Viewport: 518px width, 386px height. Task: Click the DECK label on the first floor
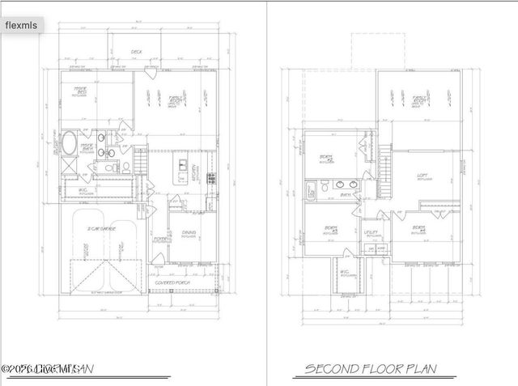(x=138, y=53)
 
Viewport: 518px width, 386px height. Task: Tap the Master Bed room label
(x=82, y=91)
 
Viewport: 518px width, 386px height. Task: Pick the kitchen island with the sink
(x=180, y=172)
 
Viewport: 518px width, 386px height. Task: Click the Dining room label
(x=189, y=235)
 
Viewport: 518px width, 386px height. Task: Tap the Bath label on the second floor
(x=344, y=195)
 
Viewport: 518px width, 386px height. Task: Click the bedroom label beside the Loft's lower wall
(x=418, y=230)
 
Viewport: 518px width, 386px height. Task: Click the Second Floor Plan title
(x=370, y=370)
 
